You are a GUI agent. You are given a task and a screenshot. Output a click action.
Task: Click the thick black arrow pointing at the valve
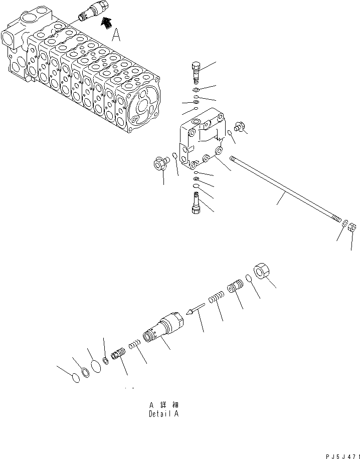tap(106, 22)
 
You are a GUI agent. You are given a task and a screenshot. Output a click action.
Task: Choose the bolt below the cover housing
tap(196, 205)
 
